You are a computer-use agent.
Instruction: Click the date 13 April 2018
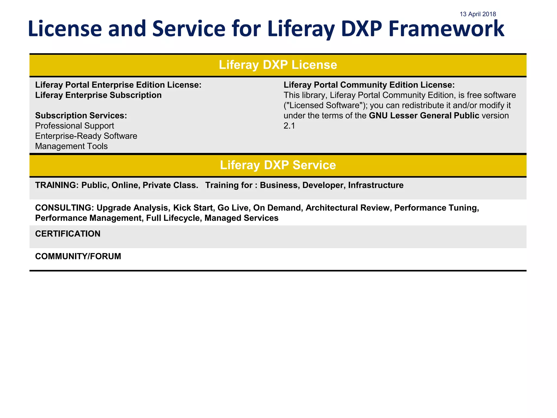(478, 14)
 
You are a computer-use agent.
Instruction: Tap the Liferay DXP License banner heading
(278, 65)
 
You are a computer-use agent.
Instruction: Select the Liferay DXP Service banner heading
(278, 165)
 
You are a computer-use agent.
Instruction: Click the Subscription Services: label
(81, 116)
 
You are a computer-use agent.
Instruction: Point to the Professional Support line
(75, 126)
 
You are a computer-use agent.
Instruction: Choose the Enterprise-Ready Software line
(86, 136)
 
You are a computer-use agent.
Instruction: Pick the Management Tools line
(71, 146)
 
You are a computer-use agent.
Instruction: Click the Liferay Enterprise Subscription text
(98, 95)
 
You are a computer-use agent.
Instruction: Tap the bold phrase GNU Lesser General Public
(424, 116)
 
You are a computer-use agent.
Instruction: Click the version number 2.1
(289, 126)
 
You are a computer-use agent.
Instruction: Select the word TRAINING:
(57, 185)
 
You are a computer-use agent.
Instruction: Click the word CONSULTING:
(64, 208)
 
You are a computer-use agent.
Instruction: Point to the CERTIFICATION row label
(68, 234)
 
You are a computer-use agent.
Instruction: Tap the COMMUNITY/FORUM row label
(78, 256)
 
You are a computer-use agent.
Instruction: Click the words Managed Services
(241, 218)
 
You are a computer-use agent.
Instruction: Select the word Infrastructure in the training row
(376, 185)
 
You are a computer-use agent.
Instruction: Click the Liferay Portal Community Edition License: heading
(369, 85)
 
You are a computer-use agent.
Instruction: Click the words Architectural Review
(347, 208)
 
